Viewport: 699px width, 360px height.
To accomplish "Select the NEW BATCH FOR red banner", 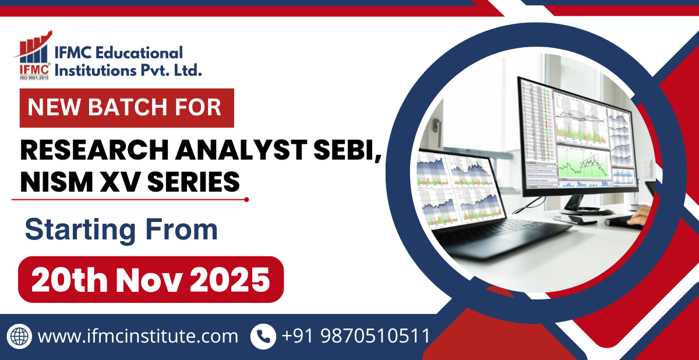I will [126, 108].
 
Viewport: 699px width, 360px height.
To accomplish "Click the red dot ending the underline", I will [246, 199].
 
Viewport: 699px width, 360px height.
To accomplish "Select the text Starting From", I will [121, 230].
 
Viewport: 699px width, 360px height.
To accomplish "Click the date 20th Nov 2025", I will [150, 280].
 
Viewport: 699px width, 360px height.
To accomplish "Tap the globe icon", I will [19, 336].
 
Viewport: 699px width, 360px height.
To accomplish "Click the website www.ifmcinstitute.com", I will [138, 336].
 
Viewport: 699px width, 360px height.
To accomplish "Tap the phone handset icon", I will [263, 336].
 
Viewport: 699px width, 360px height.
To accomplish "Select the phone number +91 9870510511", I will [356, 336].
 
